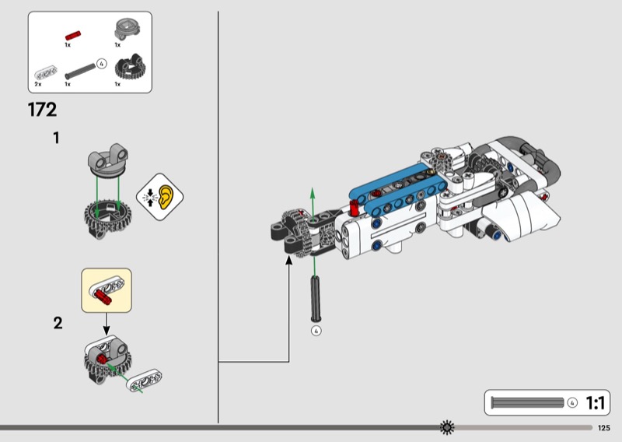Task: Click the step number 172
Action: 43,110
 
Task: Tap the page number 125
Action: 604,428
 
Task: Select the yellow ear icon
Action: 166,197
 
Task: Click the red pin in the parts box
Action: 73,35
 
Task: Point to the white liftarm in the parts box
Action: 46,72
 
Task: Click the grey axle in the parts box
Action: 80,71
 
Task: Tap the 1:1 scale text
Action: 596,403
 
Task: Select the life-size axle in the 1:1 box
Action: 527,402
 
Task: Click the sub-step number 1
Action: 56,139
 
